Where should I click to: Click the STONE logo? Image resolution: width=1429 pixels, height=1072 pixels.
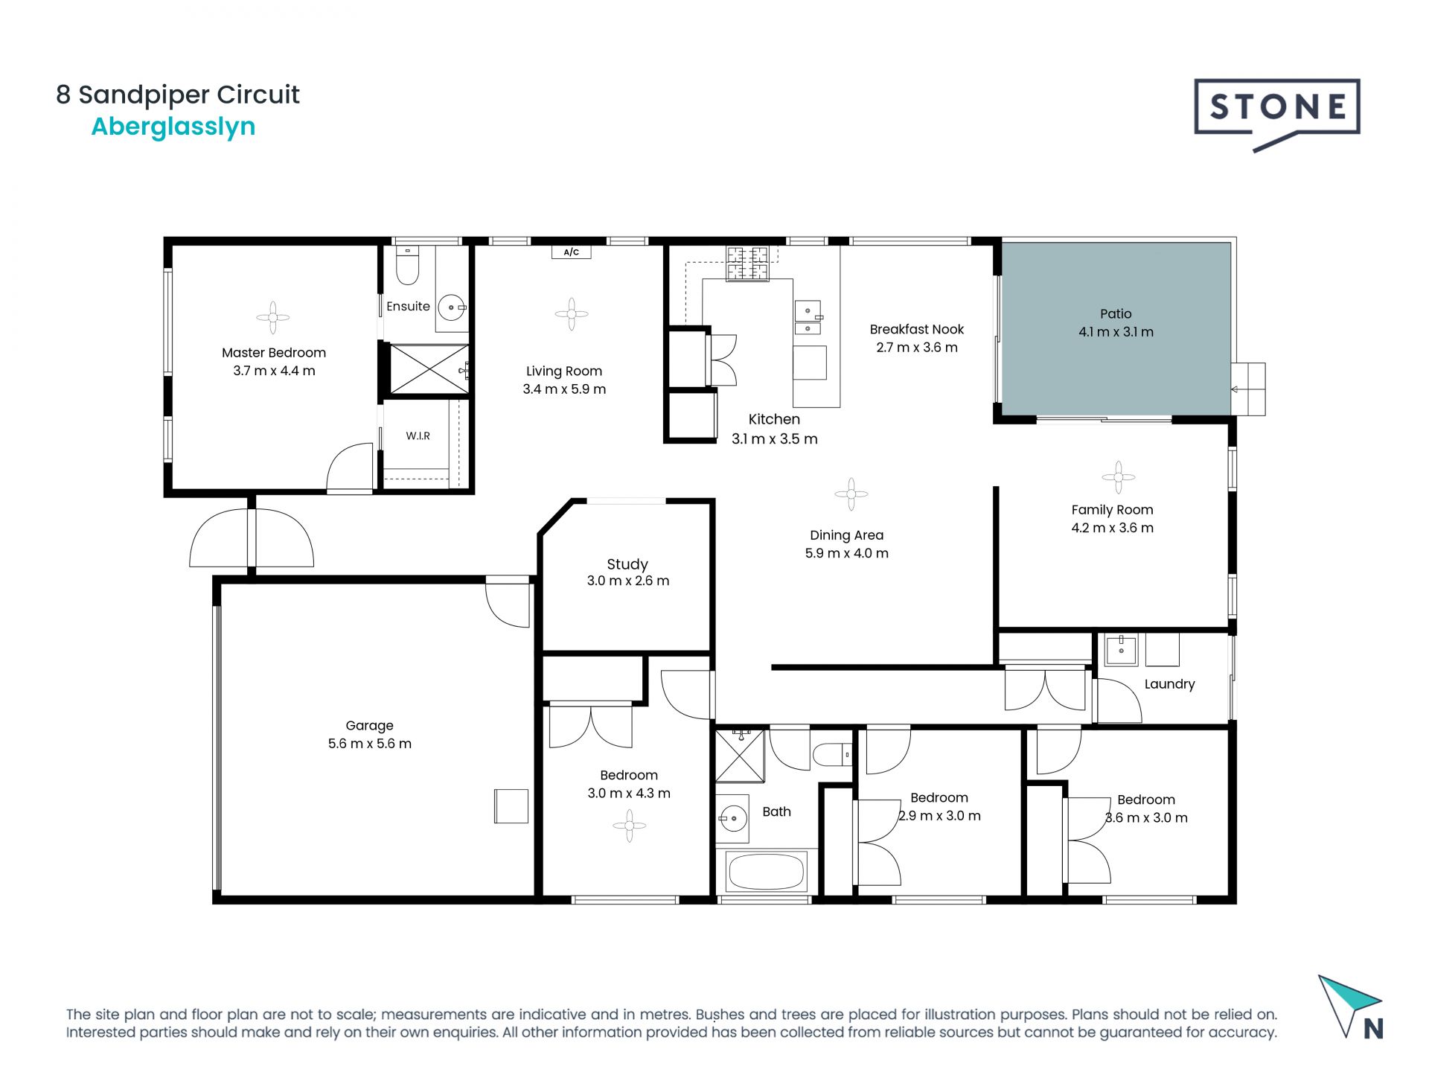1276,109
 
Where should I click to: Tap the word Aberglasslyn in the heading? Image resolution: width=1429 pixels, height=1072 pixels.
173,127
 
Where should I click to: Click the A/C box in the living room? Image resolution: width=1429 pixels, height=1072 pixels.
571,252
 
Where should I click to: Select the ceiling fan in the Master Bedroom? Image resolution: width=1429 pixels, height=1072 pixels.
273,317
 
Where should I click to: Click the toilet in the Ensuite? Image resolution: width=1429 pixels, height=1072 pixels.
407,267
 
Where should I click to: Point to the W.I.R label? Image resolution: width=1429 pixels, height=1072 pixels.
418,436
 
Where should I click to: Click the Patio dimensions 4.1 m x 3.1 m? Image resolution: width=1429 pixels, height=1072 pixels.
1116,332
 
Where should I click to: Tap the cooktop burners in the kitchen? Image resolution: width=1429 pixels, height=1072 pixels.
747,264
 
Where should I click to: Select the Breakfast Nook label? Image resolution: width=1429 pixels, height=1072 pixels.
916,329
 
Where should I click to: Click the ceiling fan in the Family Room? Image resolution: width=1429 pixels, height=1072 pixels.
1118,476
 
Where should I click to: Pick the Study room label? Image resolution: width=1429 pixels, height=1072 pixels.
627,564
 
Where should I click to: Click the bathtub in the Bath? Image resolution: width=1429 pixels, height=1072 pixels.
766,872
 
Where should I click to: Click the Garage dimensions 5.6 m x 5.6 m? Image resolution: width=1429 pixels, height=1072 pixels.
369,744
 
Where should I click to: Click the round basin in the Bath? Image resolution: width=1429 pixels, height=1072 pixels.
733,819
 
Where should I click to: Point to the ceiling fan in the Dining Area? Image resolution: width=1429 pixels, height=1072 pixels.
851,494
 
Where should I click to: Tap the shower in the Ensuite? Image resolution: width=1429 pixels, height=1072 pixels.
428,368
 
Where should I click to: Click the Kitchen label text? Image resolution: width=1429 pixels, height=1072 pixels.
774,419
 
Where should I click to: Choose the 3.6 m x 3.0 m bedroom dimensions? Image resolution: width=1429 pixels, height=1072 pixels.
1146,817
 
